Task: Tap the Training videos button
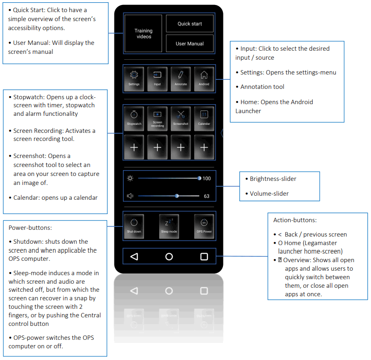(144, 34)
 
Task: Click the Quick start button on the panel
(190, 24)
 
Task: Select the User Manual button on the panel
(190, 44)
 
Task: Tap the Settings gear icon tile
(134, 79)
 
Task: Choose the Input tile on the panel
(157, 79)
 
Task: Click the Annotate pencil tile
(181, 79)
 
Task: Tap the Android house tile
(204, 79)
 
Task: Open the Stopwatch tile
(134, 118)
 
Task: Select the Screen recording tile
(157, 118)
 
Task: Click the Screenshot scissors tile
(181, 118)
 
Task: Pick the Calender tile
(204, 118)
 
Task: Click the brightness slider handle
(199, 178)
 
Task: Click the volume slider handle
(177, 196)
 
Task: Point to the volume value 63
(206, 196)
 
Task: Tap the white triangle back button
(134, 257)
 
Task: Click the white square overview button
(204, 257)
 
